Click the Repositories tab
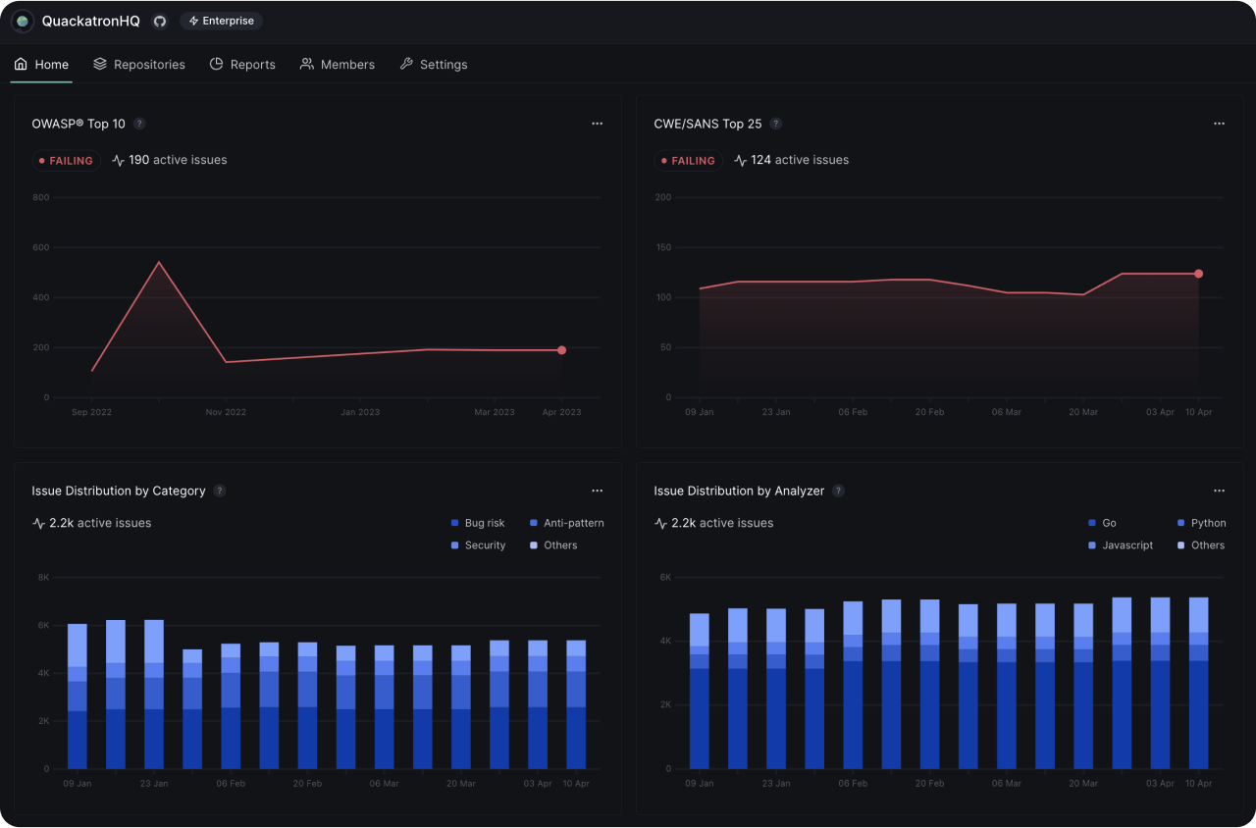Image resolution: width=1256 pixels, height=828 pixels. pyautogui.click(x=138, y=65)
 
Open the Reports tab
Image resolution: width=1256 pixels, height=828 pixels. pyautogui.click(x=242, y=65)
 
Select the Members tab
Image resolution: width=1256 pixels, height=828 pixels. pyautogui.click(x=337, y=65)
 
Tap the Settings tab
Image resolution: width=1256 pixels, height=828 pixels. pyautogui.click(x=433, y=65)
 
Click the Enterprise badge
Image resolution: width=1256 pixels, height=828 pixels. pyautogui.click(x=221, y=21)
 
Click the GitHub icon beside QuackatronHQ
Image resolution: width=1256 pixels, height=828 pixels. pyautogui.click(x=160, y=21)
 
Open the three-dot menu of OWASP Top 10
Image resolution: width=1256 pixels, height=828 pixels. pyautogui.click(x=597, y=124)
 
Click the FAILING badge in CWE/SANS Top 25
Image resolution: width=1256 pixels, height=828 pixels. pyautogui.click(x=688, y=161)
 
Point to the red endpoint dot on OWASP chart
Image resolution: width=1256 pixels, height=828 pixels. pyautogui.click(x=562, y=350)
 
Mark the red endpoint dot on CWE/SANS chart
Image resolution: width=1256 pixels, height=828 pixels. pyautogui.click(x=1198, y=274)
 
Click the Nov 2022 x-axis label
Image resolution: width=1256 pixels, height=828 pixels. pyautogui.click(x=226, y=413)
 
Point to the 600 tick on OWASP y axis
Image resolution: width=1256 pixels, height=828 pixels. pyautogui.click(x=40, y=247)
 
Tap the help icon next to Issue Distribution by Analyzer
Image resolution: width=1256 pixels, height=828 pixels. pyautogui.click(x=838, y=491)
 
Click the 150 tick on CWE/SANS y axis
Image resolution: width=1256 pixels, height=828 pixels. pyautogui.click(x=662, y=247)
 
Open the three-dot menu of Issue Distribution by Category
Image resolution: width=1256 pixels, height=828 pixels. pyautogui.click(x=597, y=491)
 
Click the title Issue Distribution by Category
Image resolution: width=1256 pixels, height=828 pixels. pyautogui.click(x=119, y=491)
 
